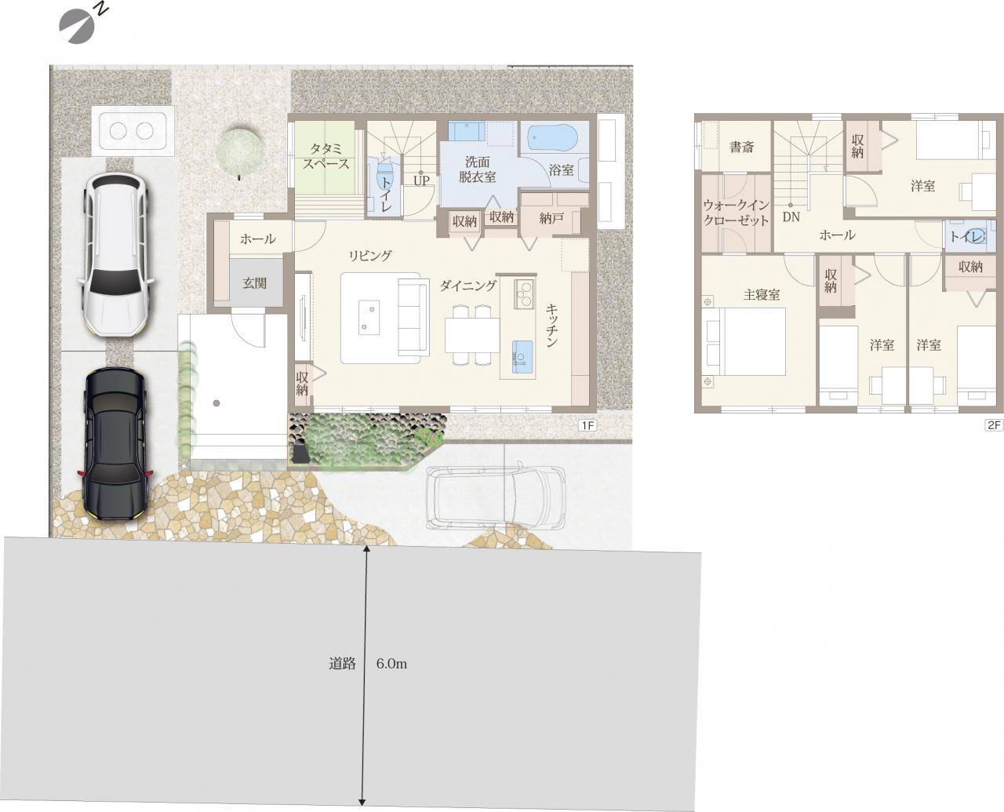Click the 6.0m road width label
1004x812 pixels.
[x=391, y=664]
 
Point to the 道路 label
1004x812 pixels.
[x=342, y=664]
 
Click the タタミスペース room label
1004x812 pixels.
[x=326, y=157]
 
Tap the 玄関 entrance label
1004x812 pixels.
[x=255, y=283]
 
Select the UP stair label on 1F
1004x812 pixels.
[x=421, y=180]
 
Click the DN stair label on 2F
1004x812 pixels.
[x=791, y=217]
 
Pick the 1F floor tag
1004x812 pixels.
[x=587, y=425]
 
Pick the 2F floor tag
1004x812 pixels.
[x=994, y=425]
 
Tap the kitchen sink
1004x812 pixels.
[x=522, y=357]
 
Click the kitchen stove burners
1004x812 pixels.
[x=524, y=293]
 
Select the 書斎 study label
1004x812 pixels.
[x=741, y=147]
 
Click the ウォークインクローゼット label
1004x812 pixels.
[x=736, y=213]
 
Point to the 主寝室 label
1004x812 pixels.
[x=762, y=295]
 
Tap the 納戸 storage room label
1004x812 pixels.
[x=551, y=218]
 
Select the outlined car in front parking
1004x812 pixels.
[x=495, y=498]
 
